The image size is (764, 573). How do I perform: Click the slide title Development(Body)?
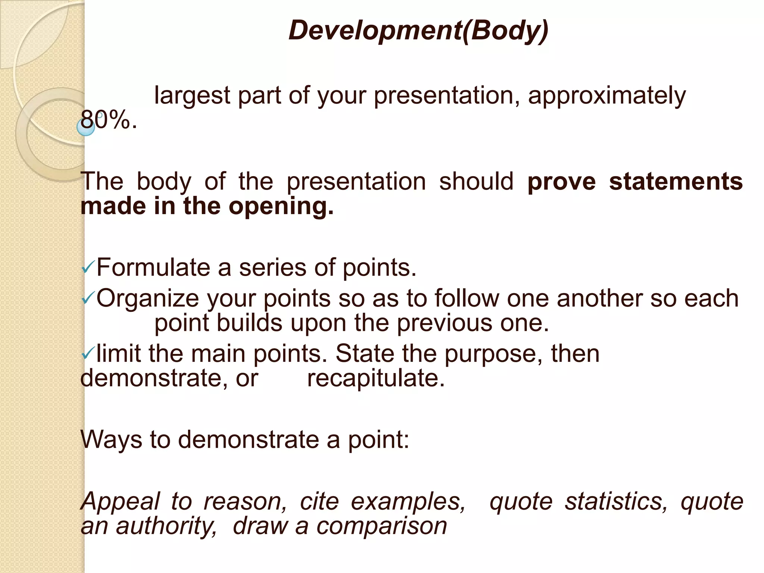418,30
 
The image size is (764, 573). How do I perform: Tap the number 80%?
108,120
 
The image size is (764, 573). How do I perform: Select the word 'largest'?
192,96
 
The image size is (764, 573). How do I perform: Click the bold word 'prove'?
561,182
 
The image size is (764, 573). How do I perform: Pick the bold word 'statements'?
676,182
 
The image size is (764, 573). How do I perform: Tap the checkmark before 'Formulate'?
88,267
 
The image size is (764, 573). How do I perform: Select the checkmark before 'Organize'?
88,298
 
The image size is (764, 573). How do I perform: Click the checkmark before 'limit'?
88,353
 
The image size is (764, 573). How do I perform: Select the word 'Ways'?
111,440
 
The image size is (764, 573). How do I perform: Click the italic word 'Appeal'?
120,502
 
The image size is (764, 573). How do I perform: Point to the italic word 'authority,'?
166,526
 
